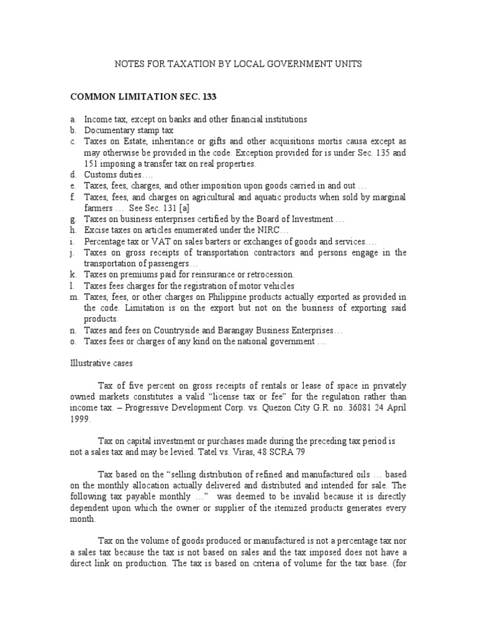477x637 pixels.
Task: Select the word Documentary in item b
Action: [110, 131]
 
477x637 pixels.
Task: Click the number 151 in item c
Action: [92, 164]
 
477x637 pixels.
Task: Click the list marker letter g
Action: [73, 220]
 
